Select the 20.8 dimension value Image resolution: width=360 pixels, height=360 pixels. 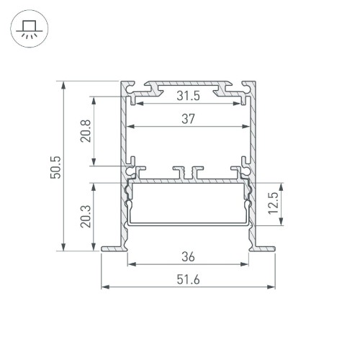click(86, 132)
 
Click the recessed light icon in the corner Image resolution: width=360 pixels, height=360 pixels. click(28, 30)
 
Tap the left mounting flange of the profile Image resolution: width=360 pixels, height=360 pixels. click(112, 249)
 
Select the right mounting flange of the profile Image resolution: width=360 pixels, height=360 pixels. click(264, 249)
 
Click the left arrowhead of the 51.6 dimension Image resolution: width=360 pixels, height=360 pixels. click(104, 288)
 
